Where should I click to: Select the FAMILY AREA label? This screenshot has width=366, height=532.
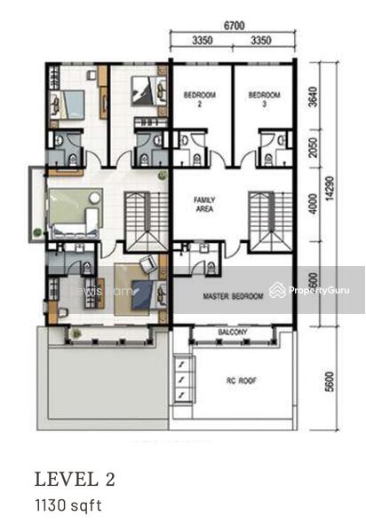[205, 205]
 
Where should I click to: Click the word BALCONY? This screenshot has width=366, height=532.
[232, 332]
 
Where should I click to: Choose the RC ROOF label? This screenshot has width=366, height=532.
[241, 383]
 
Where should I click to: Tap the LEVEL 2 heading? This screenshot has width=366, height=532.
[75, 480]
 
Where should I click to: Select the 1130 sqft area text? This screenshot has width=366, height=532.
[68, 506]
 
